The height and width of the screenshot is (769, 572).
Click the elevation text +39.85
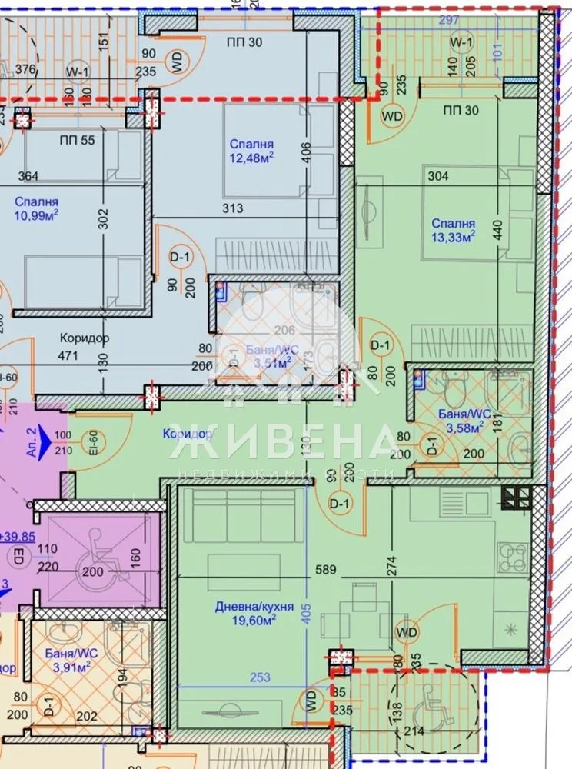point(15,537)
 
